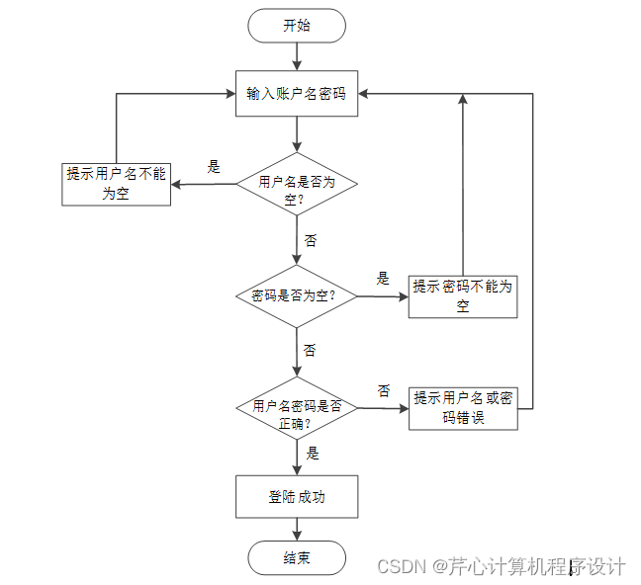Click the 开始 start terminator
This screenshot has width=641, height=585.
pos(297,26)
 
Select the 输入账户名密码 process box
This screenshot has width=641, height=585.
pos(297,94)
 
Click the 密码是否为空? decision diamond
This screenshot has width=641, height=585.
pos(297,295)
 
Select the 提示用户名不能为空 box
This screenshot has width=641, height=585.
pos(116,184)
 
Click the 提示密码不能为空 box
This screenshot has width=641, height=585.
pos(463,295)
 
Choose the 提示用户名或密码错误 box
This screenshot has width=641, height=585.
pos(463,407)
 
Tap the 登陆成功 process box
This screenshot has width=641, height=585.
pos(297,497)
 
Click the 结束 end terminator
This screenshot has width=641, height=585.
pos(297,558)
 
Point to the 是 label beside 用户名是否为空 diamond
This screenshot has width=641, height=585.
pos(214,167)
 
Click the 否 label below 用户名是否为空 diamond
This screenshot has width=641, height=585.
pos(311,241)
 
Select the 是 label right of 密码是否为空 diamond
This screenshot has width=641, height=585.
pos(384,279)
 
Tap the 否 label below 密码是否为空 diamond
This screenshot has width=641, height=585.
pos(311,351)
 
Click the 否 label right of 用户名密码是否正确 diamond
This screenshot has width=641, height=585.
pos(384,391)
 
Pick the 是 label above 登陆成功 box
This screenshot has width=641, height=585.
pos(313,455)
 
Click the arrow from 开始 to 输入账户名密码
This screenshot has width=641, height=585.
pos(297,56)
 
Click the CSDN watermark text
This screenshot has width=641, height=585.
pos(501,566)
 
